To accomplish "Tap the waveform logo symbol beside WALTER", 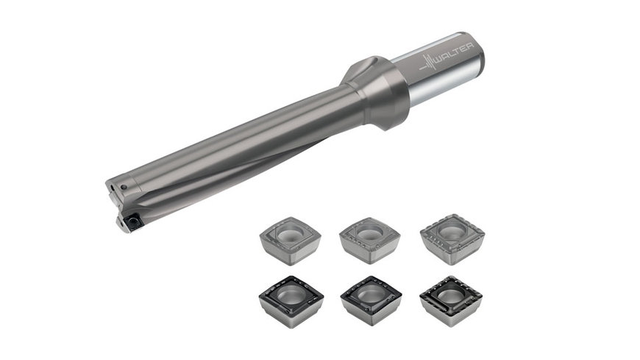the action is pyautogui.click(x=428, y=66).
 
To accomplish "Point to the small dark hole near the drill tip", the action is pyautogui.click(x=124, y=188).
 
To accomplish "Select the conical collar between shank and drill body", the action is pyautogui.click(x=374, y=92).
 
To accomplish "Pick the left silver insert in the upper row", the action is pyautogui.click(x=290, y=241).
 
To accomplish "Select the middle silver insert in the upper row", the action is pyautogui.click(x=370, y=240).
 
